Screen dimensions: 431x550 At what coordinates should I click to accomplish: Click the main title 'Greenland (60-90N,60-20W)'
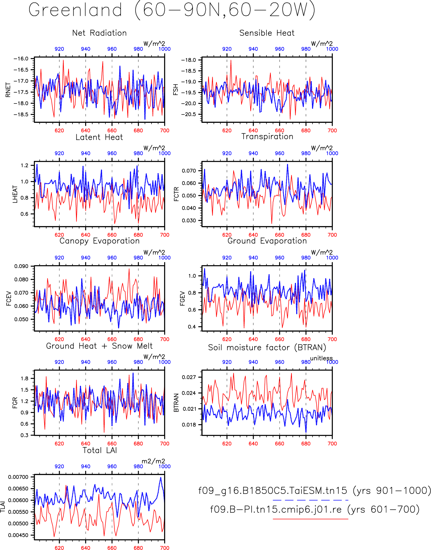(172, 10)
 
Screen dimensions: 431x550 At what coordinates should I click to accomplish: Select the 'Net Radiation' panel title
(100, 33)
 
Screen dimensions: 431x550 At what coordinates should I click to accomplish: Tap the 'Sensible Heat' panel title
(267, 33)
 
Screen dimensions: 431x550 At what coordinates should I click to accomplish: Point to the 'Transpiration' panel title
(267, 137)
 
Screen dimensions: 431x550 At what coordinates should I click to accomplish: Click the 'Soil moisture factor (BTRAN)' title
(267, 347)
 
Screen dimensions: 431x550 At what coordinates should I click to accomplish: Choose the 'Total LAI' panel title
(100, 450)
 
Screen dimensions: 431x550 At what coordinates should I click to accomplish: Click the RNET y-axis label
(8, 90)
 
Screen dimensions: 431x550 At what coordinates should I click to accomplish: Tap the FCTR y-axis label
(176, 194)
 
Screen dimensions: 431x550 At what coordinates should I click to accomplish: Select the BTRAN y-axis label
(176, 403)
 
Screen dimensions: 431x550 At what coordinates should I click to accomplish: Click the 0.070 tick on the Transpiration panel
(189, 171)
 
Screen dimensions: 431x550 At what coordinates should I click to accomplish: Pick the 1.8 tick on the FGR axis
(25, 379)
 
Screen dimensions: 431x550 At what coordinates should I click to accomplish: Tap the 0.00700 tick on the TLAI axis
(18, 477)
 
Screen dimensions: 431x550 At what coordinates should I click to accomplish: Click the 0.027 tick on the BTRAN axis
(189, 377)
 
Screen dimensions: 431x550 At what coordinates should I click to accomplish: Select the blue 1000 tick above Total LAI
(165, 466)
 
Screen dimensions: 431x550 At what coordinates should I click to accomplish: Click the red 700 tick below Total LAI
(165, 548)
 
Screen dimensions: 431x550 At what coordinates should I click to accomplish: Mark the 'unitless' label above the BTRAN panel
(321, 358)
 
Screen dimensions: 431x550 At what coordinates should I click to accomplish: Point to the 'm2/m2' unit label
(153, 461)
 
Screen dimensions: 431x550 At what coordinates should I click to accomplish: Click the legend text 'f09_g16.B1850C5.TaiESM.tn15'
(273, 491)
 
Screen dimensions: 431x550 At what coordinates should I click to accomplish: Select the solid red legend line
(310, 519)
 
